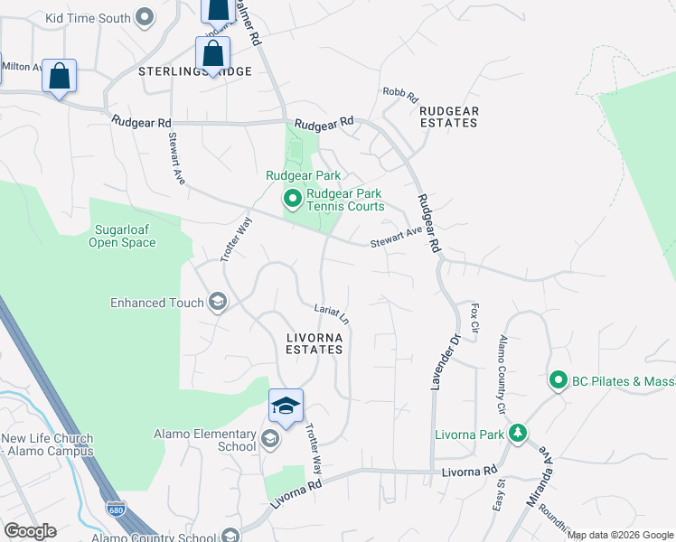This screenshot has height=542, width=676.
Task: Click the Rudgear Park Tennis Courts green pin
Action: coord(292,198)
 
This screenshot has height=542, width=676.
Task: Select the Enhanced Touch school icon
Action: coord(217,302)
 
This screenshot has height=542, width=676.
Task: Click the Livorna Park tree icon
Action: coord(517,435)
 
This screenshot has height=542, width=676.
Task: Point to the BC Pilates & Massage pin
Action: coord(558,381)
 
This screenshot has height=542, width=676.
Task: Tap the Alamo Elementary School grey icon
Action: coord(268,440)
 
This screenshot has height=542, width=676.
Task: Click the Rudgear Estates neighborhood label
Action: coord(448,117)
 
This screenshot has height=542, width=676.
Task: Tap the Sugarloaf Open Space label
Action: coord(124,236)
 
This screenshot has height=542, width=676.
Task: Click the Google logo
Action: coord(29,531)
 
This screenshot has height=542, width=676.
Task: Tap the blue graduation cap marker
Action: coord(286,406)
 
